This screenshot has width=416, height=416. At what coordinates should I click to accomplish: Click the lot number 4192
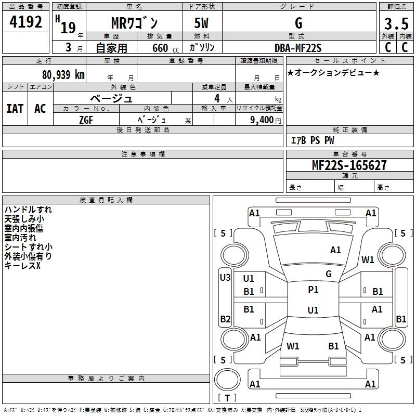click(x=27, y=22)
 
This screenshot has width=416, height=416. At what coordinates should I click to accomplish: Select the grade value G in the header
click(x=298, y=23)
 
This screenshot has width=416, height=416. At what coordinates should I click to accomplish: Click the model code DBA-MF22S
click(x=298, y=48)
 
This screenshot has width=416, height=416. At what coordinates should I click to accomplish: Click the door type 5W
click(x=202, y=23)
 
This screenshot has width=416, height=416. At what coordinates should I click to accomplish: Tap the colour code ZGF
click(x=86, y=119)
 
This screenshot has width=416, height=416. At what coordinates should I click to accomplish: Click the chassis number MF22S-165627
click(x=349, y=165)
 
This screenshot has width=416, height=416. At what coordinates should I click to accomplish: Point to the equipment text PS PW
click(x=322, y=140)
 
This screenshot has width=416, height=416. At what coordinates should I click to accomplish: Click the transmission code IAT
click(x=15, y=109)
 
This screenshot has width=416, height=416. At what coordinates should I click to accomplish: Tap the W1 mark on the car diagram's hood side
click(x=368, y=260)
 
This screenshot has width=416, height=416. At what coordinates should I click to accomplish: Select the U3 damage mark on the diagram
click(x=225, y=278)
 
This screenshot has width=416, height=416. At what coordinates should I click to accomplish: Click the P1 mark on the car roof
click(x=313, y=290)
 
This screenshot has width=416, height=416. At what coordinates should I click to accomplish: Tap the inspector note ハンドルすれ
click(x=28, y=210)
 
